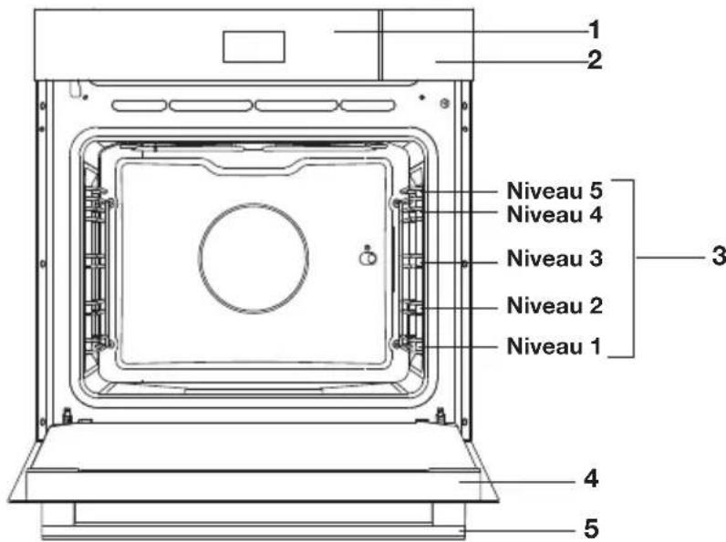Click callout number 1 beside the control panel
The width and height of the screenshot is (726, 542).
coord(595,30)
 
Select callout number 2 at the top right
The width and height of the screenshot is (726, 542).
coord(595,60)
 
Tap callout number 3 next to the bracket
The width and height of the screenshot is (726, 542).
coord(719,256)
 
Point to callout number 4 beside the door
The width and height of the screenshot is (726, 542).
coord(591,478)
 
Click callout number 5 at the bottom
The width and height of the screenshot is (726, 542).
coord(591,528)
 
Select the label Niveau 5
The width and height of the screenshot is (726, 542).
coord(555,190)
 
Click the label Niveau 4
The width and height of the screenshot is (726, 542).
coord(555,215)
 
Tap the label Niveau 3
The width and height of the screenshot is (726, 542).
coord(555,258)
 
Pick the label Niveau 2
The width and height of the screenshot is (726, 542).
coord(555,306)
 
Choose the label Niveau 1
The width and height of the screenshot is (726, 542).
coord(554,346)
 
